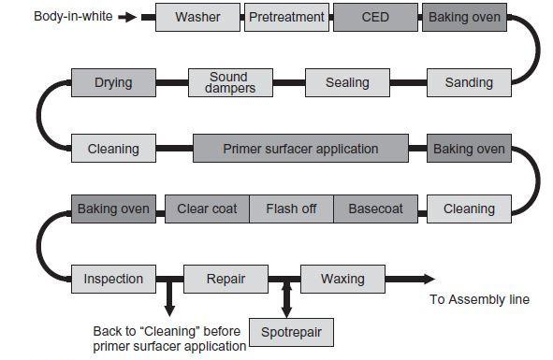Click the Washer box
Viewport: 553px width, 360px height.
197,17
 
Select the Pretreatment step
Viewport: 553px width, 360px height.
286,17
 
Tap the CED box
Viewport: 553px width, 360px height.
375,17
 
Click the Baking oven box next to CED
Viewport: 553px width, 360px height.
465,17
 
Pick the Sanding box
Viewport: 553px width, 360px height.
469,82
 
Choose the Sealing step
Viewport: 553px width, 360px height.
347,82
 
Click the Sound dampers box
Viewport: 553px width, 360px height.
228,82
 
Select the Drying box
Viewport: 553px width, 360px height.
113,82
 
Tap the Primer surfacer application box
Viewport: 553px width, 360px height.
300,149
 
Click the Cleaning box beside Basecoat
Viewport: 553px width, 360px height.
469,209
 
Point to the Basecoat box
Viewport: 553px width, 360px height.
375,209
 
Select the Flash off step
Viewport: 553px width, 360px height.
291,209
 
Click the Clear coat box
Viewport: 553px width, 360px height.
207,209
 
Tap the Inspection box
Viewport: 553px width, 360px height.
113,279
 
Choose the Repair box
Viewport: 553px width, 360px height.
226,279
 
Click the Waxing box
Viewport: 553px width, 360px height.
342,279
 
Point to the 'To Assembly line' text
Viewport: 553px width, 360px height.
479,299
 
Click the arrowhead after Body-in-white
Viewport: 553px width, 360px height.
133,17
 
